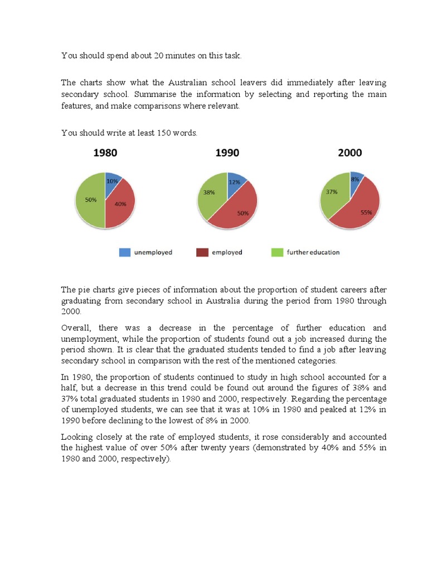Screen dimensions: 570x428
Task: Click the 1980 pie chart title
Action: pos(105,153)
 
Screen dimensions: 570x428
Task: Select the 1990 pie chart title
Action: pos(227,153)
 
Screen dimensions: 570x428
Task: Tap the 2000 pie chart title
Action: pos(349,153)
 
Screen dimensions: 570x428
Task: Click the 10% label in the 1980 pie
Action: pos(112,181)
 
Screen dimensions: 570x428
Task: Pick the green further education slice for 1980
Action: pos(89,200)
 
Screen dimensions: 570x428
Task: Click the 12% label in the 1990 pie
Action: pos(235,182)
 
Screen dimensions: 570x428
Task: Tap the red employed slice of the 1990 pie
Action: pos(237,209)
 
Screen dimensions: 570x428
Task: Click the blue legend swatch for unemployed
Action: pos(124,252)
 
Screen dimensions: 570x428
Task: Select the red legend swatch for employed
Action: pos(202,252)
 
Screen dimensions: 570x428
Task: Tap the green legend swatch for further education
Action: pos(277,252)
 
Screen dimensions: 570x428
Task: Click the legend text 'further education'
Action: pos(313,252)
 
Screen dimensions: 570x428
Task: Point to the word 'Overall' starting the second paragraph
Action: pos(76,328)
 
